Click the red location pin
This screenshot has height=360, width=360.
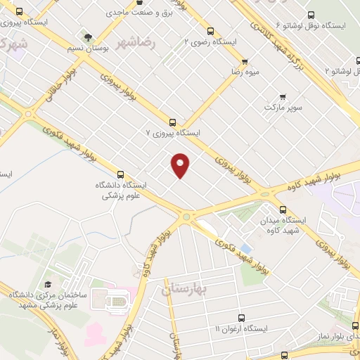[x=181, y=165]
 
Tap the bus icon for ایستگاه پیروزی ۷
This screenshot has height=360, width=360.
[x=173, y=121]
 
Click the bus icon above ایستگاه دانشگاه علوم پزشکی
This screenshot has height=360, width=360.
[x=120, y=174]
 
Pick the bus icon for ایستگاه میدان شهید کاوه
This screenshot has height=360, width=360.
[x=283, y=210]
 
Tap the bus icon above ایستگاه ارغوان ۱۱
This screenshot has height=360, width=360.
[x=241, y=317]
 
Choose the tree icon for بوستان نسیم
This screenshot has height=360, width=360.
[x=87, y=37]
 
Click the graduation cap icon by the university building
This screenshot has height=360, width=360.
[x=47, y=285]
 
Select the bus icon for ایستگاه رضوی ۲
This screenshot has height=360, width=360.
[x=210, y=30]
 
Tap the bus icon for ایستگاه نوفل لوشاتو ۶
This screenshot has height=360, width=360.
[x=309, y=14]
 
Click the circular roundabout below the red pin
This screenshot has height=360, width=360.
[x=186, y=219]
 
